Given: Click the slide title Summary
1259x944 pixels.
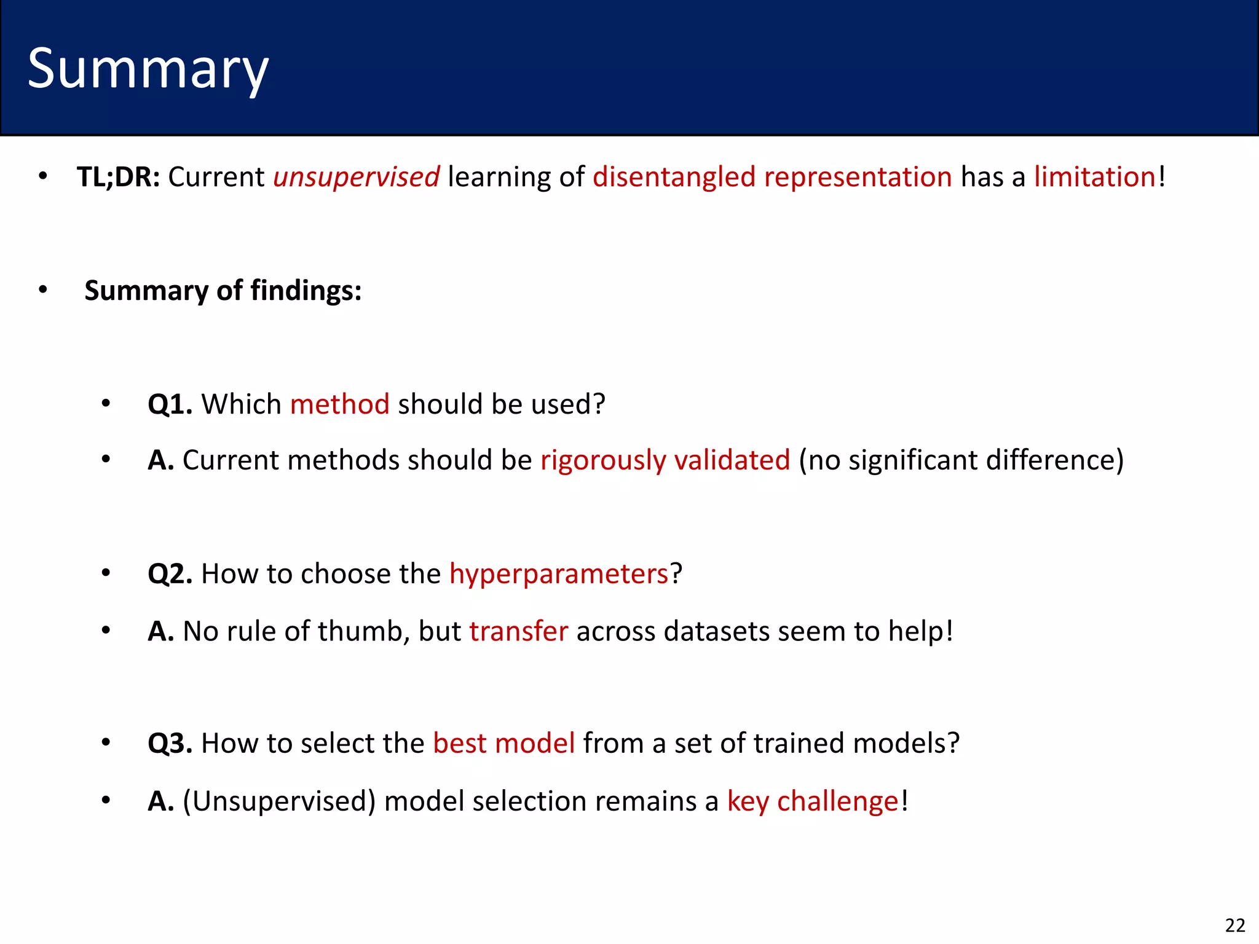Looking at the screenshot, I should click(x=148, y=69).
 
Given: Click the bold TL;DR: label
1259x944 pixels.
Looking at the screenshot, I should click(x=118, y=177).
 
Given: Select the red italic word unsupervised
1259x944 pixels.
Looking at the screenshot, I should click(x=356, y=177).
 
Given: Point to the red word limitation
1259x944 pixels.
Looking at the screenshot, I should click(x=1094, y=177).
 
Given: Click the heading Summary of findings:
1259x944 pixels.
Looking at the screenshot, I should click(x=223, y=290).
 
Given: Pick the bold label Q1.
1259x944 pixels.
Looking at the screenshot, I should click(x=170, y=404).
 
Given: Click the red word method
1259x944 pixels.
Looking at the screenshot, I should click(x=339, y=404).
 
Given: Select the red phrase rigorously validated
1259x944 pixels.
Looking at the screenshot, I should click(x=665, y=460).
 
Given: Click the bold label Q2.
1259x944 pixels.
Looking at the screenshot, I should click(x=170, y=574).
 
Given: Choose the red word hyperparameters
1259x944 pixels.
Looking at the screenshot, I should click(x=558, y=574).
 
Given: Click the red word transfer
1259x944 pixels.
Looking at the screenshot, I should click(x=518, y=631).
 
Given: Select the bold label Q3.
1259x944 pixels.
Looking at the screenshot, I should click(x=170, y=744).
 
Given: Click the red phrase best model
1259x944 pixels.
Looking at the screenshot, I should click(x=503, y=744).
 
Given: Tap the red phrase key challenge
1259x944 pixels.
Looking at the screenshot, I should click(x=812, y=801).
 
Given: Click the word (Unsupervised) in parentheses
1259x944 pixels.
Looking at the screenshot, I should click(x=279, y=801).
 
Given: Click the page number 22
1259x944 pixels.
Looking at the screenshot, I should click(x=1234, y=925).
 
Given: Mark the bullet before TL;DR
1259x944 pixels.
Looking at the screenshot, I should click(x=42, y=176).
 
